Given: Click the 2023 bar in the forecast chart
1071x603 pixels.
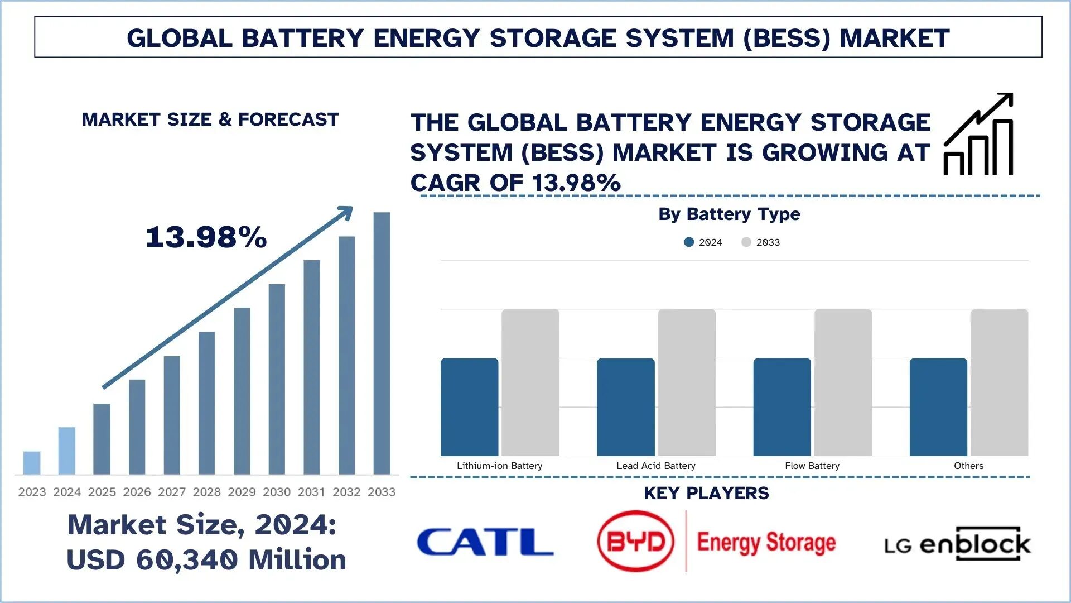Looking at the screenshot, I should point(32,463).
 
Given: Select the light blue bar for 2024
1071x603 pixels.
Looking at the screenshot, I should point(66,451).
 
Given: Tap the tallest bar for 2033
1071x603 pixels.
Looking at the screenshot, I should point(382,343).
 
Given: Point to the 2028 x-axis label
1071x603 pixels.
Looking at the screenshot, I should point(207,492).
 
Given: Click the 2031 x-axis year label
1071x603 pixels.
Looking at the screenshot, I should point(311,492).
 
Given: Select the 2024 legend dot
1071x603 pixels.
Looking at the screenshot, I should point(689,242).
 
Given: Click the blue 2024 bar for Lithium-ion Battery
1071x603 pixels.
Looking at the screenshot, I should point(469,407).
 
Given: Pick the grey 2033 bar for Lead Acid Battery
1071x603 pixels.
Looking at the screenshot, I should point(687,382).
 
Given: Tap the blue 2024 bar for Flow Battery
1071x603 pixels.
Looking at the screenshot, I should point(782,407).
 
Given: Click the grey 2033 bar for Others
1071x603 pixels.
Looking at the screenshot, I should point(999,382).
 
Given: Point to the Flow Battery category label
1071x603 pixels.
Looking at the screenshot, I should point(812,466).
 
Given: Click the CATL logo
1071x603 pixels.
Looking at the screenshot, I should point(485,542).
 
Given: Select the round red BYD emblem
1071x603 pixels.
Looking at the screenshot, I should point(635,541).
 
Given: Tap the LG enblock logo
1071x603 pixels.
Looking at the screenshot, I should point(958,544).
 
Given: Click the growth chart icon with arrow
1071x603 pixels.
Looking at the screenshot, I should point(978,135).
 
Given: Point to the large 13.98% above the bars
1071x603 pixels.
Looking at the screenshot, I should point(206,237).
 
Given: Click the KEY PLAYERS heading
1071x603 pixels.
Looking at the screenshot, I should point(706,494).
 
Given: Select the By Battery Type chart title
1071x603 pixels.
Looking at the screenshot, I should point(729,214).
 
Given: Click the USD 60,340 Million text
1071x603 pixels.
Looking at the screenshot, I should point(206,560).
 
